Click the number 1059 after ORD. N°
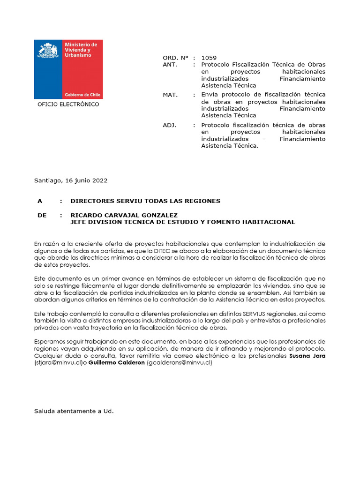[209, 58]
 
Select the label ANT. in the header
[170, 65]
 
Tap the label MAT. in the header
[170, 95]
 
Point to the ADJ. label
[169, 125]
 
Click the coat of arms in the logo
[48, 50]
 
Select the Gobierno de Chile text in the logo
[82, 94]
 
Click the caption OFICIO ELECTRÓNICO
[68, 105]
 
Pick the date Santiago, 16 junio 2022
[71, 180]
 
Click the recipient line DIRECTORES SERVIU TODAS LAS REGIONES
[145, 201]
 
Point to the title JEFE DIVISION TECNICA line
[182, 222]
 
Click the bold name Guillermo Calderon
[117, 363]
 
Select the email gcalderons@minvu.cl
[180, 363]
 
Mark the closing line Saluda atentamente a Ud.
[74, 411]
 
